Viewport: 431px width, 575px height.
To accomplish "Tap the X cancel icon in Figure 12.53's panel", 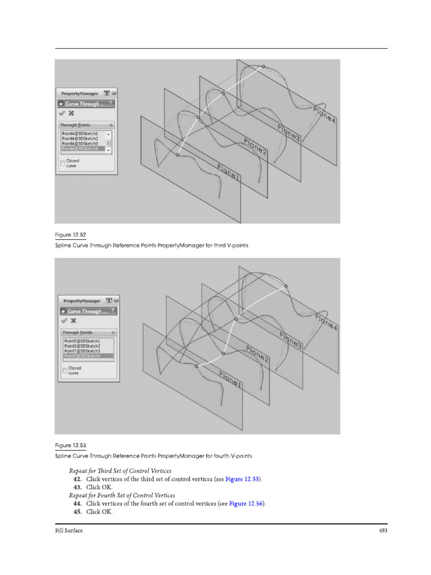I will [x=72, y=320].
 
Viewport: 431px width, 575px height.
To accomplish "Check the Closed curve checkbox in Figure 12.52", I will [x=63, y=163].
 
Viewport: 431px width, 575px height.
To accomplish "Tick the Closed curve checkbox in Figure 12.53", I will [x=65, y=370].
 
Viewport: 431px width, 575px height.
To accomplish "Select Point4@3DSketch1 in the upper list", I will [x=80, y=134].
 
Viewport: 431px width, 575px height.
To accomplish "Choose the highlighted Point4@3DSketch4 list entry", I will [x=80, y=149].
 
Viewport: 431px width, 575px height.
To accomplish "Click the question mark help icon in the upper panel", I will [x=111, y=103].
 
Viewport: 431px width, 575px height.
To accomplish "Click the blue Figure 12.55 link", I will [x=242, y=480].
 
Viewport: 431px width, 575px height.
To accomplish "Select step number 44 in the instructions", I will [x=77, y=504].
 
